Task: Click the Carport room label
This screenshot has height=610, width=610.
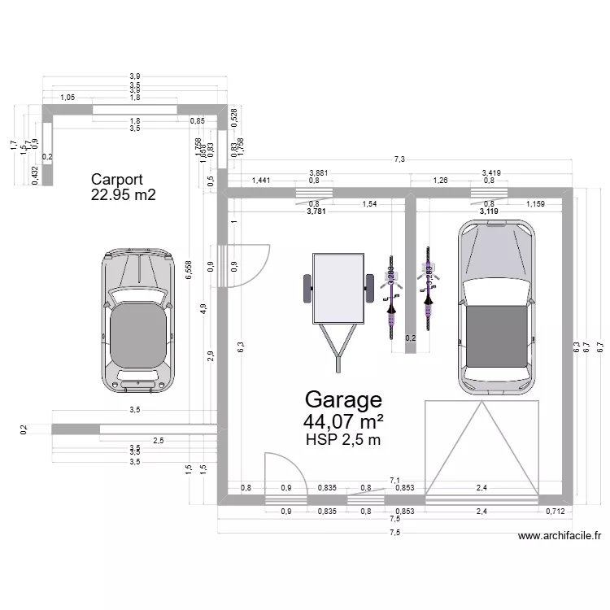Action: click(117, 180)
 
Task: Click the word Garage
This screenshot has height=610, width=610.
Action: click(342, 399)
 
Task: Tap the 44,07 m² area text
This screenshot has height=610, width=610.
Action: click(342, 421)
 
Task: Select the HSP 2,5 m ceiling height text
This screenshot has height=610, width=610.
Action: click(342, 440)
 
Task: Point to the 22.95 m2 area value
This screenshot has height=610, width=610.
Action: click(124, 195)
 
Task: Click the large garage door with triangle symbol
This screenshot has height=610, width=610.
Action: click(481, 451)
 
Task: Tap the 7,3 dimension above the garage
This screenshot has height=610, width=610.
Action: click(399, 160)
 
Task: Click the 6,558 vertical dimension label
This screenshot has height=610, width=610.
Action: click(189, 271)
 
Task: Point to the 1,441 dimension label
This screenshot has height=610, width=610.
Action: click(261, 181)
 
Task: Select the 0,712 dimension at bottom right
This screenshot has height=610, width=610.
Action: click(556, 511)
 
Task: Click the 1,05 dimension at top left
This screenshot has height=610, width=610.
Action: click(68, 98)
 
